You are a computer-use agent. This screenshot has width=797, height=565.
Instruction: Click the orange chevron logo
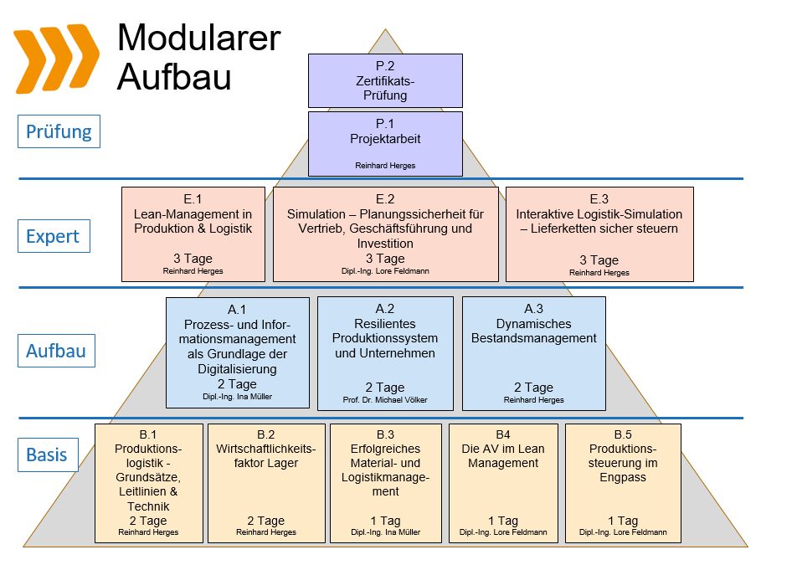point(56,59)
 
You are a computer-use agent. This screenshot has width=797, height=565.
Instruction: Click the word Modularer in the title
point(199,38)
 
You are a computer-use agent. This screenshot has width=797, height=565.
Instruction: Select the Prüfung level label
point(59,131)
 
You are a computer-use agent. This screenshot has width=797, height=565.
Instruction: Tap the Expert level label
point(53,237)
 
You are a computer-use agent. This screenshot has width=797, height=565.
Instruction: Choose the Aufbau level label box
point(55,351)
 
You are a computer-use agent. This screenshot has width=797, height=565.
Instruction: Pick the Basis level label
point(47,455)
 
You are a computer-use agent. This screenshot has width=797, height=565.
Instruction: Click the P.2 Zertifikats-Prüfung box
point(385,80)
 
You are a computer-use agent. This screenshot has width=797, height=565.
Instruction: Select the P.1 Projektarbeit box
point(385,143)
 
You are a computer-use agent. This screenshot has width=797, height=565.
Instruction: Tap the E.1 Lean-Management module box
point(193,233)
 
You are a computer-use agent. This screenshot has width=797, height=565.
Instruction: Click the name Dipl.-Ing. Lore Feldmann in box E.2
point(385,271)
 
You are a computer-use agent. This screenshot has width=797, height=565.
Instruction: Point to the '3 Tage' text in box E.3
point(599,259)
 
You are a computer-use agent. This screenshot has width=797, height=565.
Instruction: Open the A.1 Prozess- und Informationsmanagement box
point(238,352)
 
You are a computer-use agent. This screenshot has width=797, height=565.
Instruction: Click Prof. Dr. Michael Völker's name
point(385,400)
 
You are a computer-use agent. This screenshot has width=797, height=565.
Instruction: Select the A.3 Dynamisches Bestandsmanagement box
point(534,352)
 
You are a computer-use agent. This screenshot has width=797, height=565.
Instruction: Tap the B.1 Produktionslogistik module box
point(149,483)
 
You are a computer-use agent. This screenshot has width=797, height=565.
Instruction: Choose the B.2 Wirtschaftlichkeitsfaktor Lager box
point(266,483)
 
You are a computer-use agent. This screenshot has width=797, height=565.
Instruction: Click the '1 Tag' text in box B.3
point(385,521)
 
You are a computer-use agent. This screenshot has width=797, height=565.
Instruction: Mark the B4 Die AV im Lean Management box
point(503,483)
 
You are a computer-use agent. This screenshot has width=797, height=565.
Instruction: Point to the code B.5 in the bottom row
point(623,434)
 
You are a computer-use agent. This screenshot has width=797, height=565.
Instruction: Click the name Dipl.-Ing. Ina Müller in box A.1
point(238,396)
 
